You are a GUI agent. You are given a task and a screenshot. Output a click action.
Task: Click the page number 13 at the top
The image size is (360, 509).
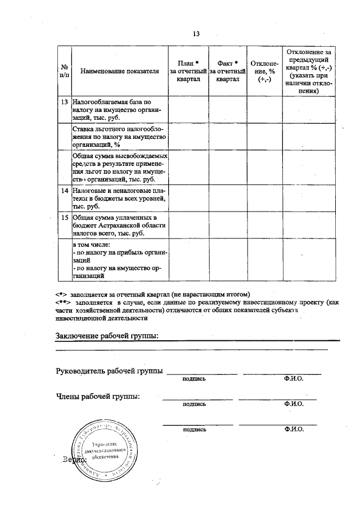click(196, 34)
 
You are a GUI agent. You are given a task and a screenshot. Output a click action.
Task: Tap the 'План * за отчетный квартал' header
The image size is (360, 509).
click(188, 71)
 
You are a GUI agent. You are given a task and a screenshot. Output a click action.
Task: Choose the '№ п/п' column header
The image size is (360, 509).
click(64, 71)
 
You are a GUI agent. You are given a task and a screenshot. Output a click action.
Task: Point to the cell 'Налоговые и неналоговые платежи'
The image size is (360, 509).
click(120, 199)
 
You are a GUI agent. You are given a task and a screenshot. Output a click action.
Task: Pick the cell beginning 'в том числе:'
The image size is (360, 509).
click(120, 261)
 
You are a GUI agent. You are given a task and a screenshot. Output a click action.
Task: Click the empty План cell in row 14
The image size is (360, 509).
click(188, 199)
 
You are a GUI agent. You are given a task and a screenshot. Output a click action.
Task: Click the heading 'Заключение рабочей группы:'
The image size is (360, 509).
click(107, 336)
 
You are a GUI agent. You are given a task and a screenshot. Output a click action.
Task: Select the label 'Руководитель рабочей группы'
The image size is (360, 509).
click(109, 371)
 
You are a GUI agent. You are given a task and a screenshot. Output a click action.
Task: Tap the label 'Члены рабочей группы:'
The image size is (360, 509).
click(97, 397)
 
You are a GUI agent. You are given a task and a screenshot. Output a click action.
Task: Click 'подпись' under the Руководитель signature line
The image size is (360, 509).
click(194, 379)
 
